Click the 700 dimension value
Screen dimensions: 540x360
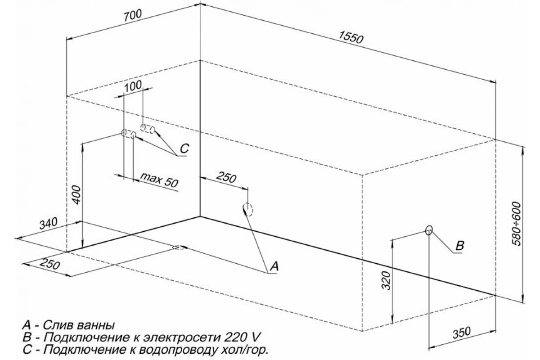(132, 16)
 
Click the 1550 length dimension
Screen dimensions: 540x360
(351, 38)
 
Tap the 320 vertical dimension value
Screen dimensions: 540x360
(386, 281)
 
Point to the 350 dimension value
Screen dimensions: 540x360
(461, 333)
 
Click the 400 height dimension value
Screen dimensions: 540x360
(76, 195)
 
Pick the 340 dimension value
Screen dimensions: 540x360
(48, 224)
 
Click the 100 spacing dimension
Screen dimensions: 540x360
(133, 86)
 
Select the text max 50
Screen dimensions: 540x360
(159, 180)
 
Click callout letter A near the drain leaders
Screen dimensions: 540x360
(274, 266)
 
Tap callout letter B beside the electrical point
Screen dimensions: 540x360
(460, 246)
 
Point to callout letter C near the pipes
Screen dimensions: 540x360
(184, 148)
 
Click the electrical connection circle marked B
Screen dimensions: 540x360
(429, 230)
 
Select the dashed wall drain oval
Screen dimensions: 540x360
(248, 209)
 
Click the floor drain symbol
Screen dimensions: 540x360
(178, 247)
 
